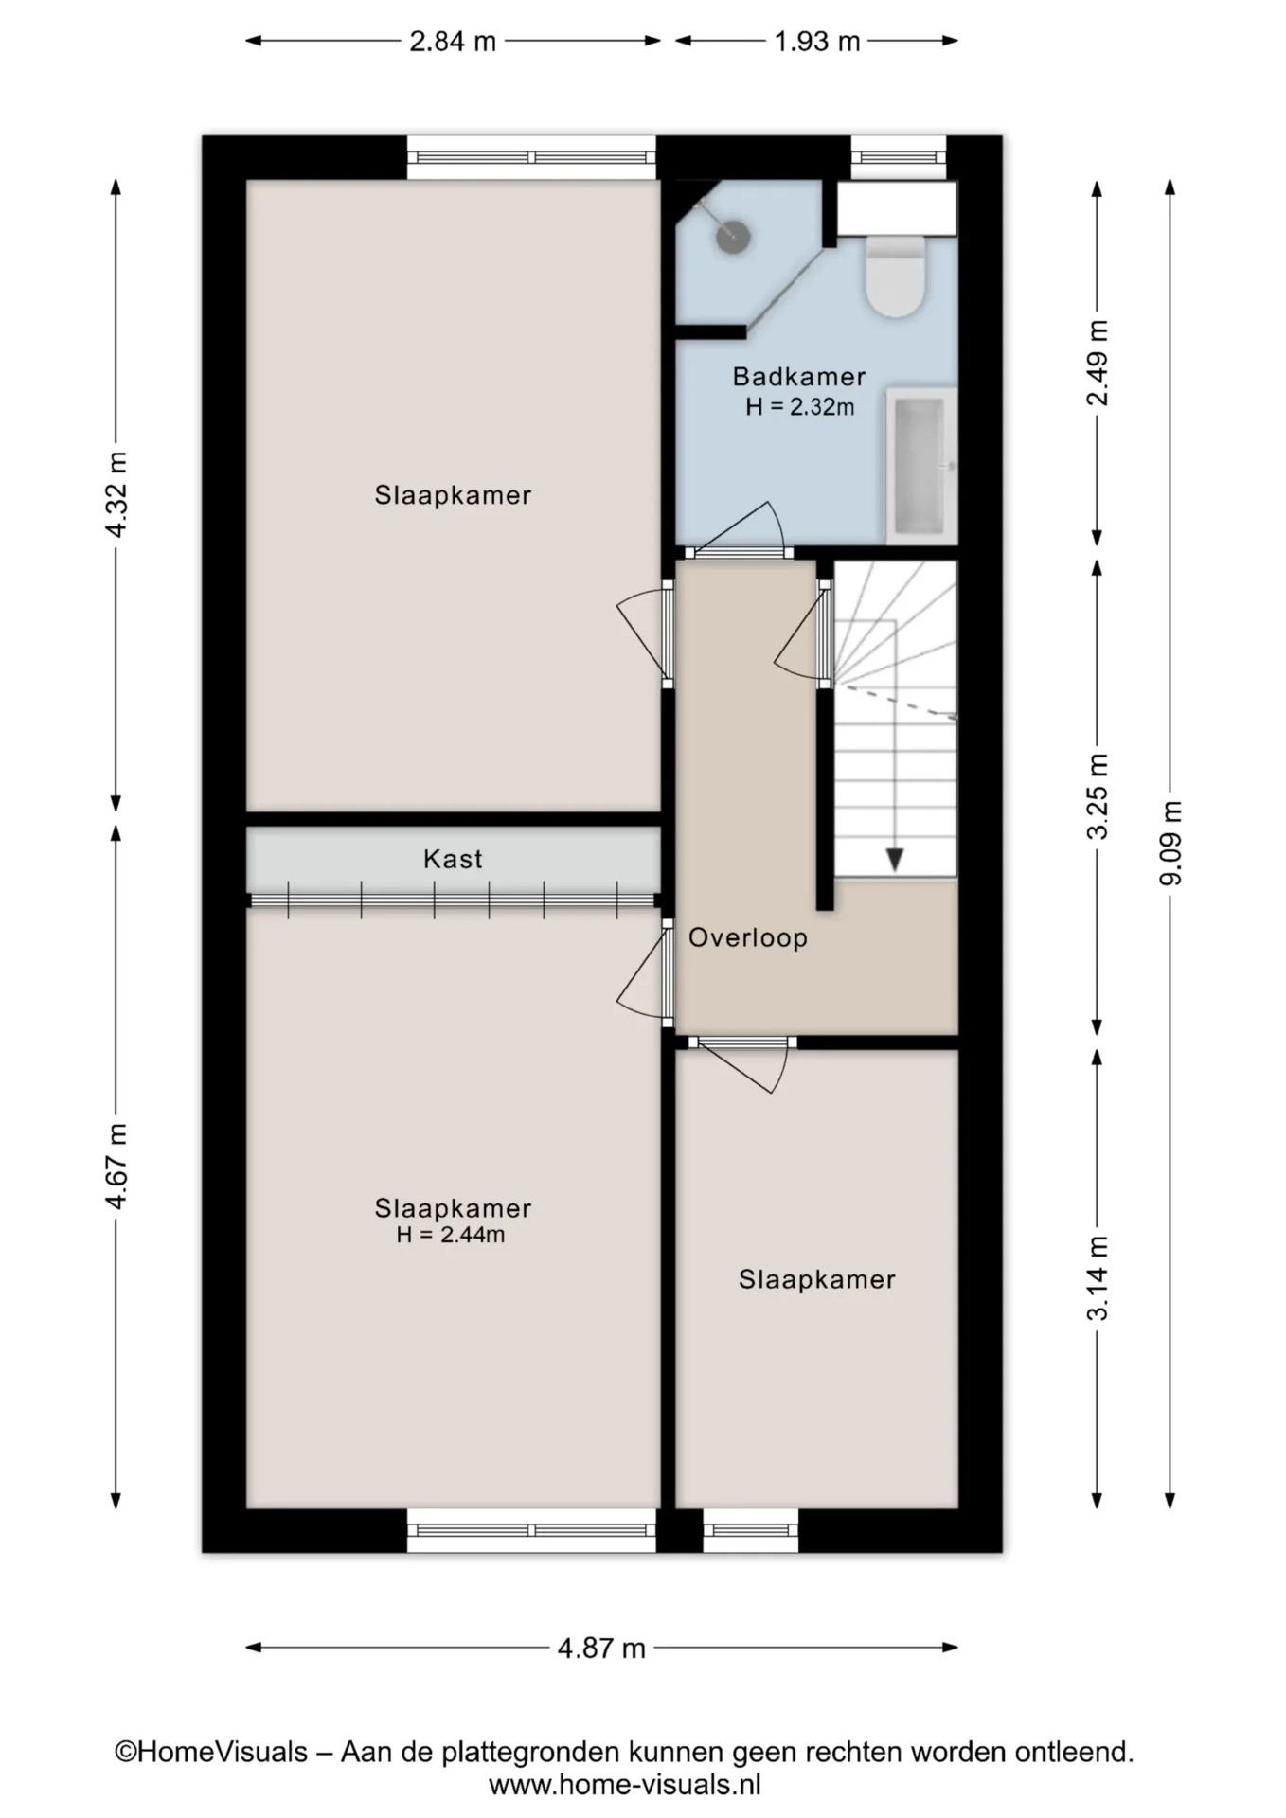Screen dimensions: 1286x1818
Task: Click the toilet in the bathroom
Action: point(895,276)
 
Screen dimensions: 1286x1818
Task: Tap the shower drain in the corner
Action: point(733,236)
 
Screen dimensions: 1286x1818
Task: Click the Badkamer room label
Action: point(799,377)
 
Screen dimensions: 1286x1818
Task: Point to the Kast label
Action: point(453,859)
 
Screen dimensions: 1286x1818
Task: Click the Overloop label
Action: point(748,937)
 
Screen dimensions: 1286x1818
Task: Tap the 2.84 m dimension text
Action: point(453,42)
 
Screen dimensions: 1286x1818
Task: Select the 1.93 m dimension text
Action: point(817,42)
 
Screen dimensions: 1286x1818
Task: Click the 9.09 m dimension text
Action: point(1171,843)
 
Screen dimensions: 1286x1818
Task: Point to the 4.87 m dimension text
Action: point(601,1649)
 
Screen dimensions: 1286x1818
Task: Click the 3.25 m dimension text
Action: point(1098,796)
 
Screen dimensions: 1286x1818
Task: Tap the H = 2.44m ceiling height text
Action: point(451,1235)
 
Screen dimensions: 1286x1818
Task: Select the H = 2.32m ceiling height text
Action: point(800,407)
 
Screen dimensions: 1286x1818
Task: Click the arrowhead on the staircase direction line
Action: point(894,860)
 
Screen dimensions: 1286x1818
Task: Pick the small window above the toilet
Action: point(899,157)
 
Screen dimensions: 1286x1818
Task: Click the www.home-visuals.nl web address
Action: point(625,1785)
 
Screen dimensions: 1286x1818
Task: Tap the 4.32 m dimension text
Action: point(116,494)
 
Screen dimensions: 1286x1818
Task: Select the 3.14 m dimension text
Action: point(1098,1277)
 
